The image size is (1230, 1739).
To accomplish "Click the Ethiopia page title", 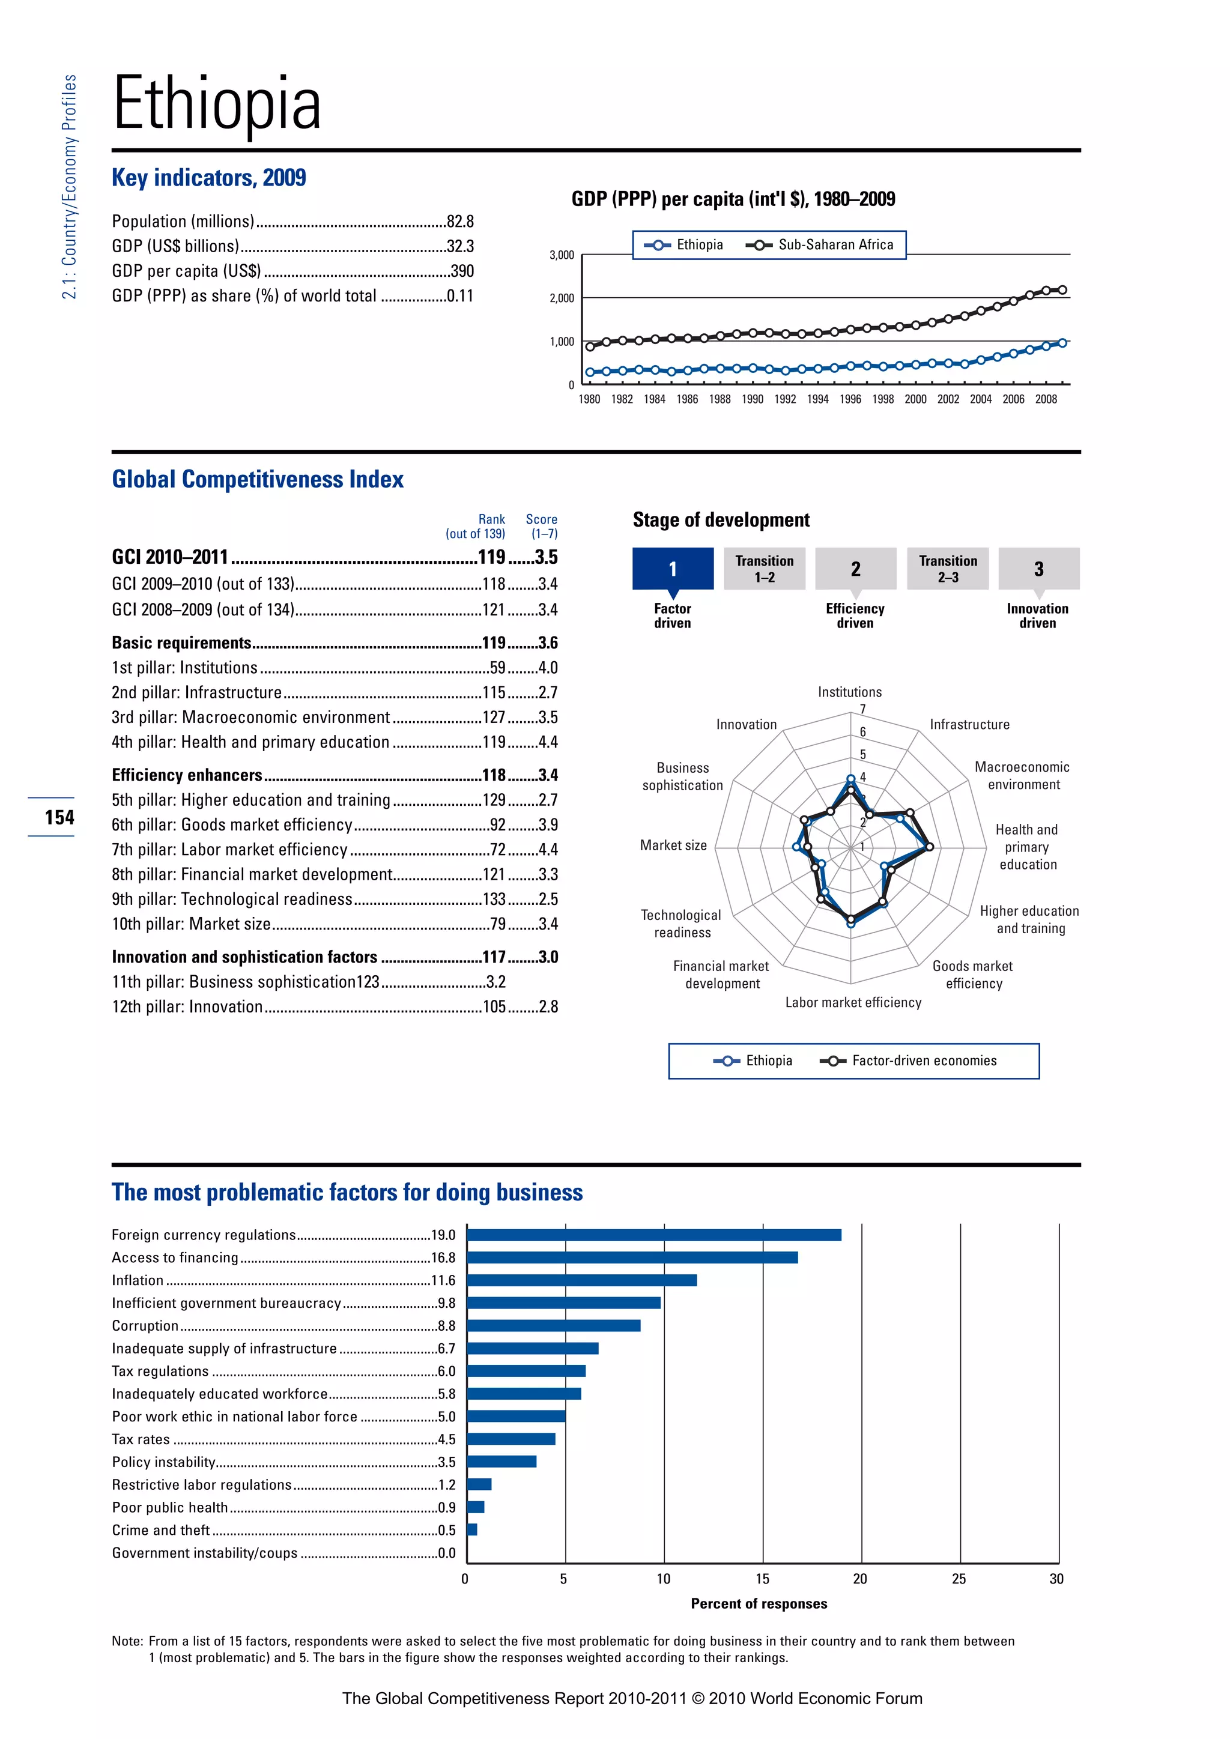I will click(x=217, y=105).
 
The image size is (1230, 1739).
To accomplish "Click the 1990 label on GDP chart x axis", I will click(x=752, y=400).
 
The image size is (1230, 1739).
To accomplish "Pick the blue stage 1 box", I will click(x=673, y=569).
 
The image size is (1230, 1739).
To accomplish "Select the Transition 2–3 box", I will click(x=948, y=569).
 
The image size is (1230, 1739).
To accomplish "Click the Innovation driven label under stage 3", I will click(x=1037, y=615).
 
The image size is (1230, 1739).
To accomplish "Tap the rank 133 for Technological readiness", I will click(x=494, y=899).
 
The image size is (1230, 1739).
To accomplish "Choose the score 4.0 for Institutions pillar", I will click(x=548, y=668).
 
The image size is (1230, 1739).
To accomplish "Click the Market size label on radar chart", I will click(x=673, y=845).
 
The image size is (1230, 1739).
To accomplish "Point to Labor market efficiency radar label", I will click(x=853, y=1003).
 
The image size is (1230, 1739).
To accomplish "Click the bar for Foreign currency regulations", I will click(x=653, y=1235).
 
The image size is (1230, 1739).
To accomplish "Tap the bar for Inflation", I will click(x=582, y=1281).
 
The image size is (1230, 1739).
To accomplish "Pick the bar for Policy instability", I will click(x=501, y=1462).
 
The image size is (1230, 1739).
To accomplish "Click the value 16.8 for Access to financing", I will click(x=443, y=1258).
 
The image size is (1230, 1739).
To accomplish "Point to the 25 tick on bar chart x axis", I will click(x=959, y=1579).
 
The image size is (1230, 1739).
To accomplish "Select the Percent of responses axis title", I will click(x=759, y=1603).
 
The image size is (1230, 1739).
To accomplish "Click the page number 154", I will click(x=59, y=817).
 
